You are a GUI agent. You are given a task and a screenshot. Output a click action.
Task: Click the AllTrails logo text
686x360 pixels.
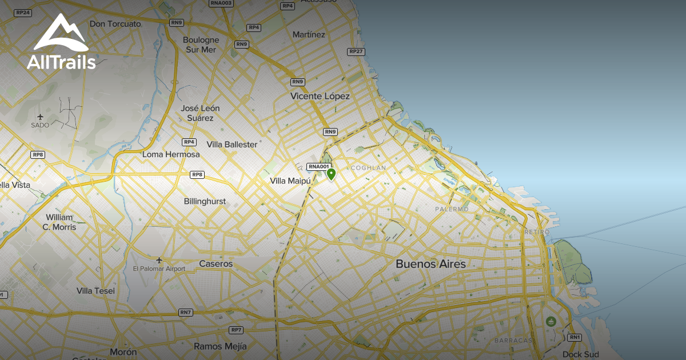click(x=61, y=62)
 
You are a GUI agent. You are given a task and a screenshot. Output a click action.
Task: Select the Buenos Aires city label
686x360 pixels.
click(x=430, y=264)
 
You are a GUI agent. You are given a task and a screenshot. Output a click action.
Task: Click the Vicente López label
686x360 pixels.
click(x=320, y=96)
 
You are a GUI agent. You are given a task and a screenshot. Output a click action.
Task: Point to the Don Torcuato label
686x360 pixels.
click(x=115, y=24)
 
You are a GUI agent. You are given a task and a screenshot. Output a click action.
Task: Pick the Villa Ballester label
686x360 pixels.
click(x=232, y=145)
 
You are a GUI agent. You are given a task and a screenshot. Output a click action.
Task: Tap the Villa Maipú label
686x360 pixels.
click(x=290, y=181)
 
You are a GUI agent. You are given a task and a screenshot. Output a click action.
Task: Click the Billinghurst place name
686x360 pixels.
click(x=205, y=201)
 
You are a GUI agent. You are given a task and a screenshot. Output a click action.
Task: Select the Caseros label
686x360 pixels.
click(x=216, y=264)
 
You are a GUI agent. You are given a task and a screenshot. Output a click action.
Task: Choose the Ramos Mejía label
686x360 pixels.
click(x=220, y=346)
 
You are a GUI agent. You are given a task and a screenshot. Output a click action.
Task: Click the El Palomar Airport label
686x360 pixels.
click(x=159, y=269)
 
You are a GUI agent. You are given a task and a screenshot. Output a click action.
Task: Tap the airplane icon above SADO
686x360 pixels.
click(x=40, y=117)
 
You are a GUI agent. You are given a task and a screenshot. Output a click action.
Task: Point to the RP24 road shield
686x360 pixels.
click(x=23, y=13)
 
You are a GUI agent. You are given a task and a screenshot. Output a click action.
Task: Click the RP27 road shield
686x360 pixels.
click(x=356, y=51)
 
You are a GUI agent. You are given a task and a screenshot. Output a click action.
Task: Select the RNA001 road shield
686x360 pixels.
click(x=318, y=167)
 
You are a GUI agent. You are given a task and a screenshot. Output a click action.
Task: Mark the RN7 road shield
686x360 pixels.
click(x=186, y=312)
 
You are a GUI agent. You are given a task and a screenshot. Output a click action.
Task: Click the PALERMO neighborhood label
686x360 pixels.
click(x=452, y=209)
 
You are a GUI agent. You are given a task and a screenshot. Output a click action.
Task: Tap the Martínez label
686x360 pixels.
click(x=309, y=35)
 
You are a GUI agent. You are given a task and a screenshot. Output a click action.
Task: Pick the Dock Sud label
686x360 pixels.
click(x=580, y=354)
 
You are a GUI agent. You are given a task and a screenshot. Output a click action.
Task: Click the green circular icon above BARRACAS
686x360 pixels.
click(x=551, y=322)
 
